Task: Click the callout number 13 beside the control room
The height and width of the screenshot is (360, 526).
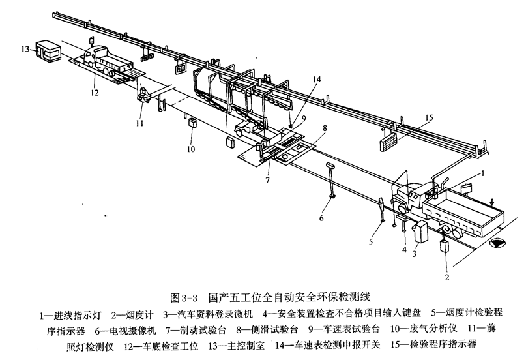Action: click(24, 48)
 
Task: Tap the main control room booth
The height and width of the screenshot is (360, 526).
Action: click(48, 50)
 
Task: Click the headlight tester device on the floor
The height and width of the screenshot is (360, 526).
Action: click(145, 98)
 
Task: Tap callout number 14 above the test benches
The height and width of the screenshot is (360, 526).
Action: click(298, 80)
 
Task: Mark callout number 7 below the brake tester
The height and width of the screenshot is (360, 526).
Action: click(266, 179)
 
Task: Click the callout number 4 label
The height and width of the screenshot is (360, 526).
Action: click(404, 248)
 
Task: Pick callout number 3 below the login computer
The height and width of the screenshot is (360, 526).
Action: click(413, 253)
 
